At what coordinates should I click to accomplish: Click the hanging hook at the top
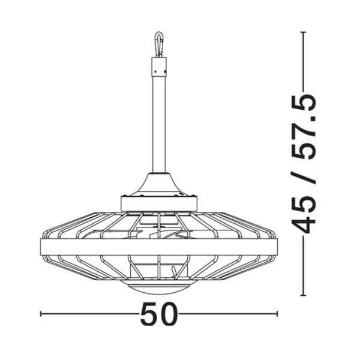coord(158,44)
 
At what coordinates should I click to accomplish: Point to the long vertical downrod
coord(158,126)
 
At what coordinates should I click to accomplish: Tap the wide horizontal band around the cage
coord(158,245)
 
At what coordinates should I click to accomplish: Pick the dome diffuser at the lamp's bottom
coord(158,287)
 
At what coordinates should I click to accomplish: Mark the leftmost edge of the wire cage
coord(40,245)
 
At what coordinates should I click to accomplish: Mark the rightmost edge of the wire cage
coord(277,245)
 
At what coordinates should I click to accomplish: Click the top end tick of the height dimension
coord(304,31)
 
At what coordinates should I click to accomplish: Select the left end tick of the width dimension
coord(40,314)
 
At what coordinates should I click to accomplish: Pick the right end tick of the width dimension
coord(277,314)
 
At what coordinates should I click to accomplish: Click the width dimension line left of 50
coord(90,314)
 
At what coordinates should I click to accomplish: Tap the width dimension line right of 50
coord(228,314)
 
